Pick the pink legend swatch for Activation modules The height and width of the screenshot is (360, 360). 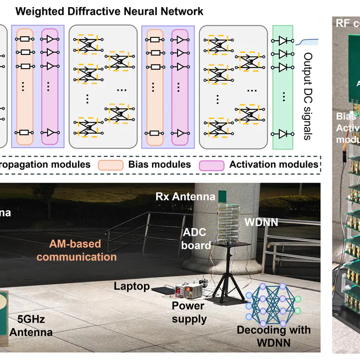click(211, 164)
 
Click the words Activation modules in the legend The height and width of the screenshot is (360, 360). click(273, 164)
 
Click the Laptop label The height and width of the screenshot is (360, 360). click(131, 286)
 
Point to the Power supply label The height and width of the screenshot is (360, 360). click(188, 312)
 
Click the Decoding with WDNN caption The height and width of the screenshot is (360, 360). click(273, 335)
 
